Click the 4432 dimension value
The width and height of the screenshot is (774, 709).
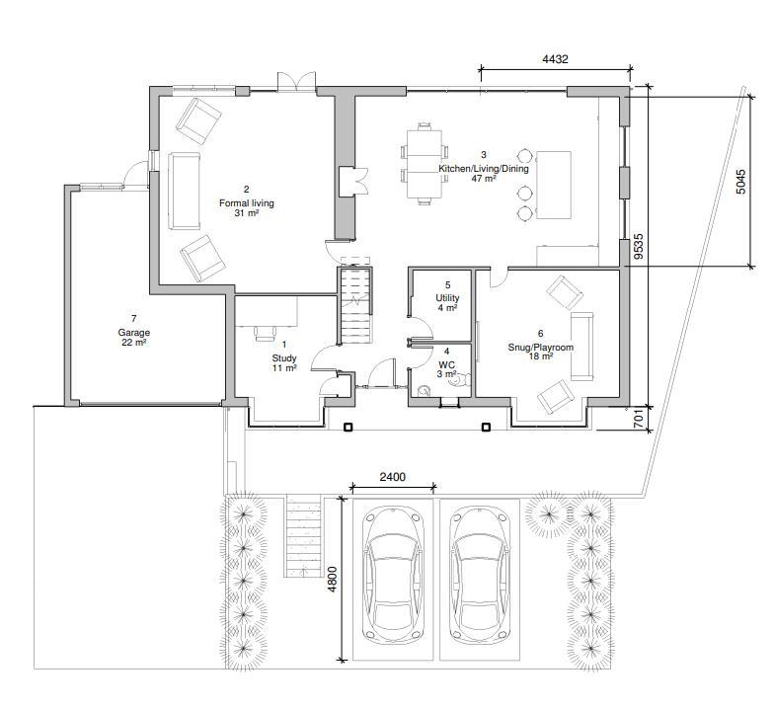point(555,59)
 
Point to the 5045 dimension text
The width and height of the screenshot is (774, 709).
point(740,182)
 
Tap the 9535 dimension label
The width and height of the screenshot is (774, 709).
point(639,247)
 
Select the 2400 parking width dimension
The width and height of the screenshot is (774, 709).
point(393,476)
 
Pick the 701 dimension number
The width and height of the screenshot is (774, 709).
point(639,418)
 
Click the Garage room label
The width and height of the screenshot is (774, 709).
point(134,333)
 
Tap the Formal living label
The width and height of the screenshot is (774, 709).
point(247,203)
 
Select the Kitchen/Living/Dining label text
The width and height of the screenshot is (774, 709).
point(484,168)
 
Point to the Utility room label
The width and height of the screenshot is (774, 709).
point(447,298)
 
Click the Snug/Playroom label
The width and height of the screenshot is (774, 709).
point(541,348)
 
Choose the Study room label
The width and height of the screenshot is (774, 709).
point(284,357)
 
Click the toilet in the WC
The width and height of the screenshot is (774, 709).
point(462,379)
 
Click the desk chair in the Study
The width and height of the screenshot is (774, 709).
point(266,334)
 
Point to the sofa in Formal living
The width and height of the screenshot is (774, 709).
point(184,191)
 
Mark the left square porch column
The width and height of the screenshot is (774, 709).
point(348,427)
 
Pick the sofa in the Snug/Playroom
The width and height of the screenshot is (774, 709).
point(582,347)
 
